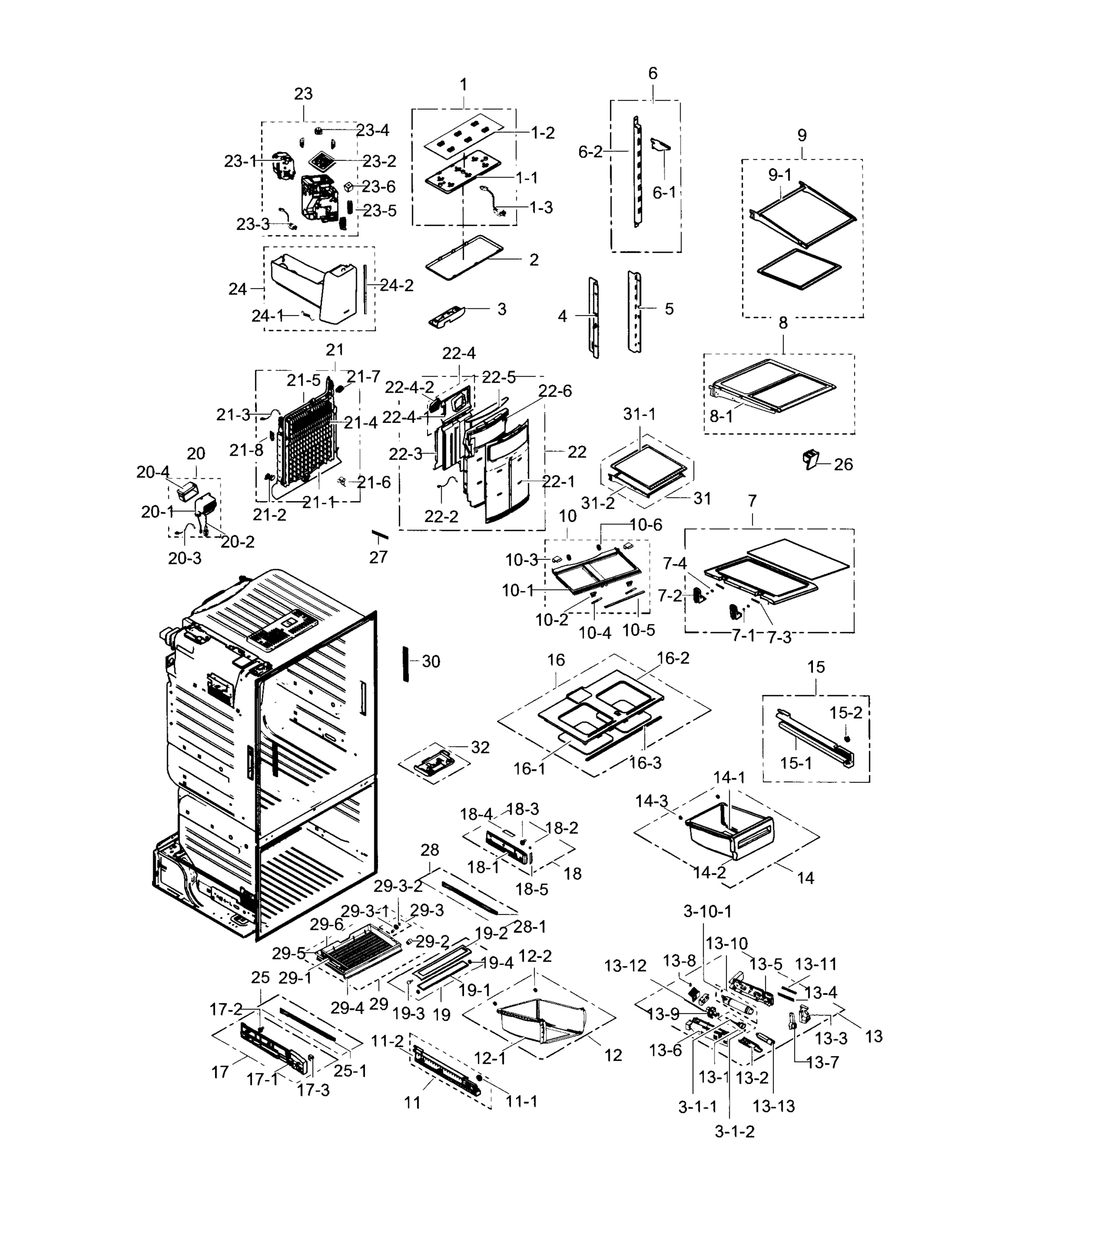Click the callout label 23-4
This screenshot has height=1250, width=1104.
tap(372, 130)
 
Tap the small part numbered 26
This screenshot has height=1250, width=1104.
tap(811, 459)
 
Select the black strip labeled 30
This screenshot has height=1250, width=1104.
tap(405, 663)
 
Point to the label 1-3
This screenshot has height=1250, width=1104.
tap(541, 208)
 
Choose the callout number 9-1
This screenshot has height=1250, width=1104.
tap(780, 175)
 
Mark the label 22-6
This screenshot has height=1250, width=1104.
tap(555, 391)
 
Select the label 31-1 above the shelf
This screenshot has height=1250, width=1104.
tap(639, 414)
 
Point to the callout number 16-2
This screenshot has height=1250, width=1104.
tap(673, 658)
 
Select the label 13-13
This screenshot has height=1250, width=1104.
tap(773, 1106)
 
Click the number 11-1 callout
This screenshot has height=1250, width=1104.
tap(521, 1102)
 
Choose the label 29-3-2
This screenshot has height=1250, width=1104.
tap(398, 885)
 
